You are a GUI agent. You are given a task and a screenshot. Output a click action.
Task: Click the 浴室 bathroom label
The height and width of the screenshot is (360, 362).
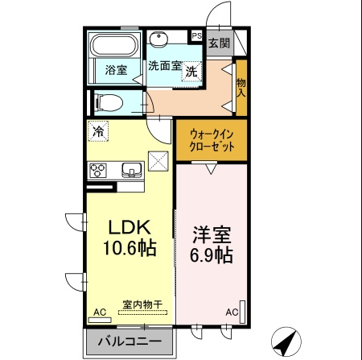tap(116, 70)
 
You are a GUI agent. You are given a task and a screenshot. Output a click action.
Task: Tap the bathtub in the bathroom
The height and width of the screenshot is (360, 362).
tap(114, 45)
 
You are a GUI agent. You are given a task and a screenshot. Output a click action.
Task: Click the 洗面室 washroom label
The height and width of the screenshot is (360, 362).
tap(164, 66)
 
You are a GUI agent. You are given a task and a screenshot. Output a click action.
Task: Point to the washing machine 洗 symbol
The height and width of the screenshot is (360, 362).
tap(191, 71)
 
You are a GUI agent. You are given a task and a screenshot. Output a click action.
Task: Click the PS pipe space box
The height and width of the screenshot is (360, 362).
tap(196, 35)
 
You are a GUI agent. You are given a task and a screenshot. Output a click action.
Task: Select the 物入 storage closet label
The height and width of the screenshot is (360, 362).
tap(241, 87)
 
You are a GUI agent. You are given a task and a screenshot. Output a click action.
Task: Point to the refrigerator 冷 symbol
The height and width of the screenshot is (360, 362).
tap(99, 130)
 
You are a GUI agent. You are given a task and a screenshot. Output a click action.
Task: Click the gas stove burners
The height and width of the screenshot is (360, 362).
tap(99, 169)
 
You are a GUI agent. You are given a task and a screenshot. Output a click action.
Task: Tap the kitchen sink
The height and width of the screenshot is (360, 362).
tap(131, 169)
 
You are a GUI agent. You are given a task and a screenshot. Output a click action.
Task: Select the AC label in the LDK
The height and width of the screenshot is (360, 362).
tap(100, 312)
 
